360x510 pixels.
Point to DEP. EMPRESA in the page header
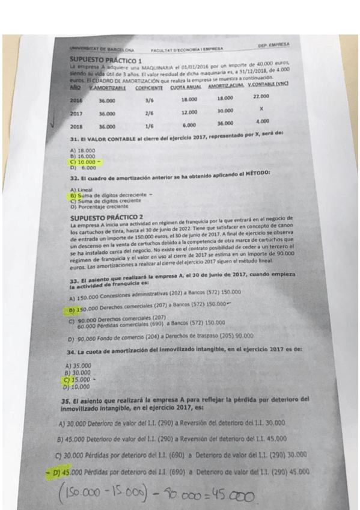coord(273,45)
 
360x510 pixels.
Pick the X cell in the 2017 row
coord(261,109)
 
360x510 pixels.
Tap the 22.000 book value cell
coord(261,96)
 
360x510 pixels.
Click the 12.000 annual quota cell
coord(189,112)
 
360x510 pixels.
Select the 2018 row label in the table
coord(76,126)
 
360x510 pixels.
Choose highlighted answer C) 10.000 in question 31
coord(84,162)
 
